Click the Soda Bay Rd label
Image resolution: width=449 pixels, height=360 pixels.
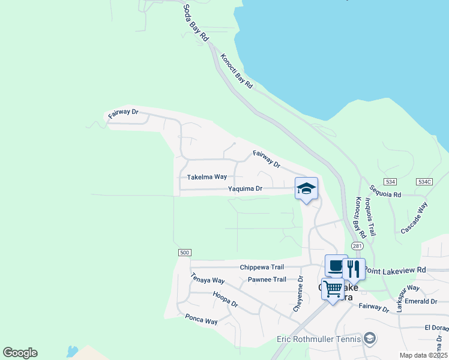click(196, 21)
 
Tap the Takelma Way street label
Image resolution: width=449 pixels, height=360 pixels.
click(207, 177)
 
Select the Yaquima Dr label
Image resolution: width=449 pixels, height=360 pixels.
click(246, 188)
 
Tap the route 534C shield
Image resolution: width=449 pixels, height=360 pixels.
click(424, 181)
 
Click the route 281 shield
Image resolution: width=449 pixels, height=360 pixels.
click(357, 246)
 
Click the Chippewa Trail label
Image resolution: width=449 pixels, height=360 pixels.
click(261, 267)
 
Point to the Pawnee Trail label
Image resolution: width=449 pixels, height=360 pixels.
click(267, 280)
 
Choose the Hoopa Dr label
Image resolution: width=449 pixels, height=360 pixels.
click(225, 299)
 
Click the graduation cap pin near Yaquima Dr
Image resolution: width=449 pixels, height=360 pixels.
click(306, 190)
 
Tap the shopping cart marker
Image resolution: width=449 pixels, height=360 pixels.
click(333, 289)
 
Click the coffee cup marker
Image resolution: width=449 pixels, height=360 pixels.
click(336, 265)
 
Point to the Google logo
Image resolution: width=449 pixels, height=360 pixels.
click(20, 353)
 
